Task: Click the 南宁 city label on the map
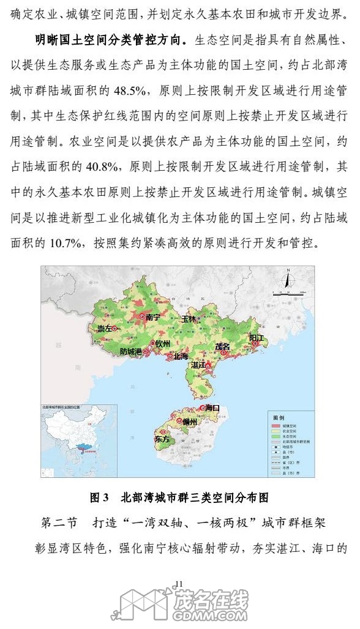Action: pos(152,317)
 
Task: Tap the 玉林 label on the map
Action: pos(189,319)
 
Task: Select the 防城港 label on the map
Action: pos(130,351)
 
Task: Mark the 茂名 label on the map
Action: pos(222,346)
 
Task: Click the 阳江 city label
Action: pos(256,338)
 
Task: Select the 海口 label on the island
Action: pos(212,407)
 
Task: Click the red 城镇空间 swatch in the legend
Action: pos(275,425)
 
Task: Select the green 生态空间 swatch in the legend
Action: pos(275,436)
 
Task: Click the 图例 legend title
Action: pos(279,417)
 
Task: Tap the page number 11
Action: pos(179,582)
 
